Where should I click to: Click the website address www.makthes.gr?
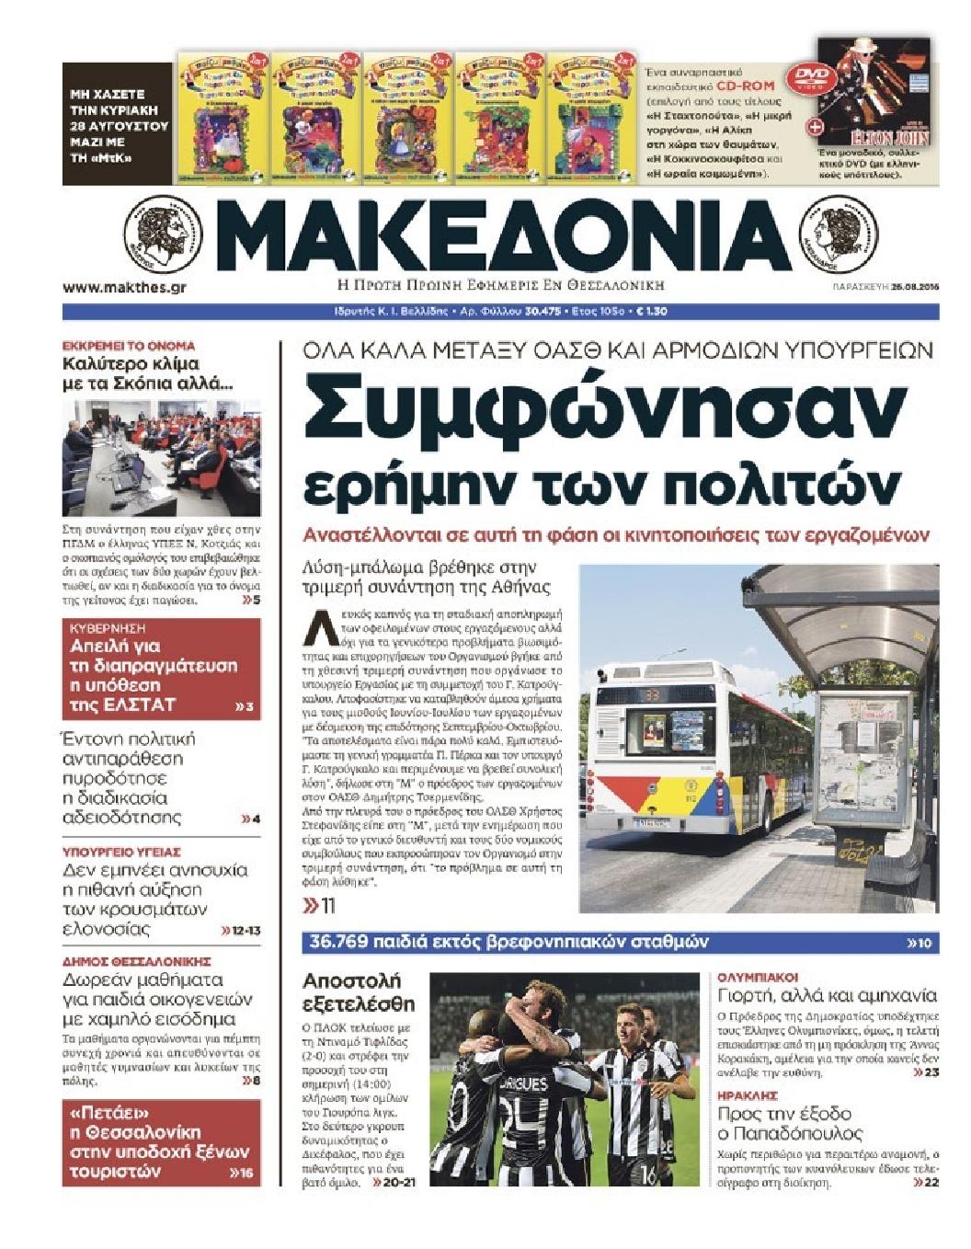pyautogui.click(x=124, y=287)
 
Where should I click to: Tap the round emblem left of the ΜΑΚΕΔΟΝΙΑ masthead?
pyautogui.click(x=163, y=234)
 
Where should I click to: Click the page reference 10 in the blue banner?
pyautogui.click(x=923, y=943)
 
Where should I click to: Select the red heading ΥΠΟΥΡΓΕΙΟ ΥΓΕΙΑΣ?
pyautogui.click(x=120, y=852)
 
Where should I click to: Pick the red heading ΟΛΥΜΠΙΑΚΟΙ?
pyautogui.click(x=758, y=977)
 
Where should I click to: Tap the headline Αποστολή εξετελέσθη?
pyautogui.click(x=359, y=991)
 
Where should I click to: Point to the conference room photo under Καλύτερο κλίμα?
pyautogui.click(x=161, y=458)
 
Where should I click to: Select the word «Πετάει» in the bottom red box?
pyautogui.click(x=103, y=1112)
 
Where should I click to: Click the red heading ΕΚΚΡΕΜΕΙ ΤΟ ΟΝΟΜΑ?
pyautogui.click(x=129, y=346)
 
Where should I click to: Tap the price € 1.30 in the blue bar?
pyautogui.click(x=651, y=311)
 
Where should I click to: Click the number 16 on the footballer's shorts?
pyautogui.click(x=649, y=1175)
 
